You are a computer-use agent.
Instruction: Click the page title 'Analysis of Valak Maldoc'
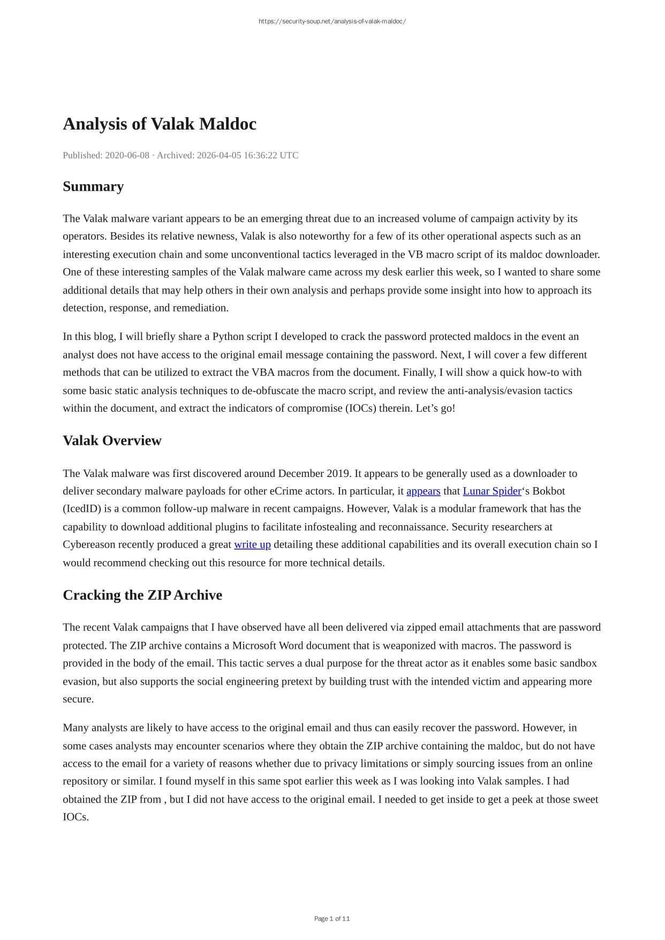click(160, 124)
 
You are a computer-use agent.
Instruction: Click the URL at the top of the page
click(332, 21)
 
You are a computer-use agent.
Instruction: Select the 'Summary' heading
click(93, 186)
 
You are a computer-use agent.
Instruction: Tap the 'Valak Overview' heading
click(112, 441)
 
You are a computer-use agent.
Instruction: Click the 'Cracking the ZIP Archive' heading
click(142, 595)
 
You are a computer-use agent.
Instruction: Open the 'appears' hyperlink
click(423, 491)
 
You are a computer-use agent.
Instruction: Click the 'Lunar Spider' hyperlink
click(492, 491)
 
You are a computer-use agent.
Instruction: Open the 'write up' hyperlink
click(252, 544)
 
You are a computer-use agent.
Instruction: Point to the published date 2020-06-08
click(127, 155)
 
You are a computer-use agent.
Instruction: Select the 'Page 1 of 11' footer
click(332, 919)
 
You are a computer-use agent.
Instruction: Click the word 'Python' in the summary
click(228, 337)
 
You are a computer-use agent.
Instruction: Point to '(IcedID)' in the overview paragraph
click(82, 509)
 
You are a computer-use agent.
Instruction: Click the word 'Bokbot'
click(548, 491)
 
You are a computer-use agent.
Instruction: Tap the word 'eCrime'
click(288, 491)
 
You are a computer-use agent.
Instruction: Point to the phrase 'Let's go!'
click(435, 408)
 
